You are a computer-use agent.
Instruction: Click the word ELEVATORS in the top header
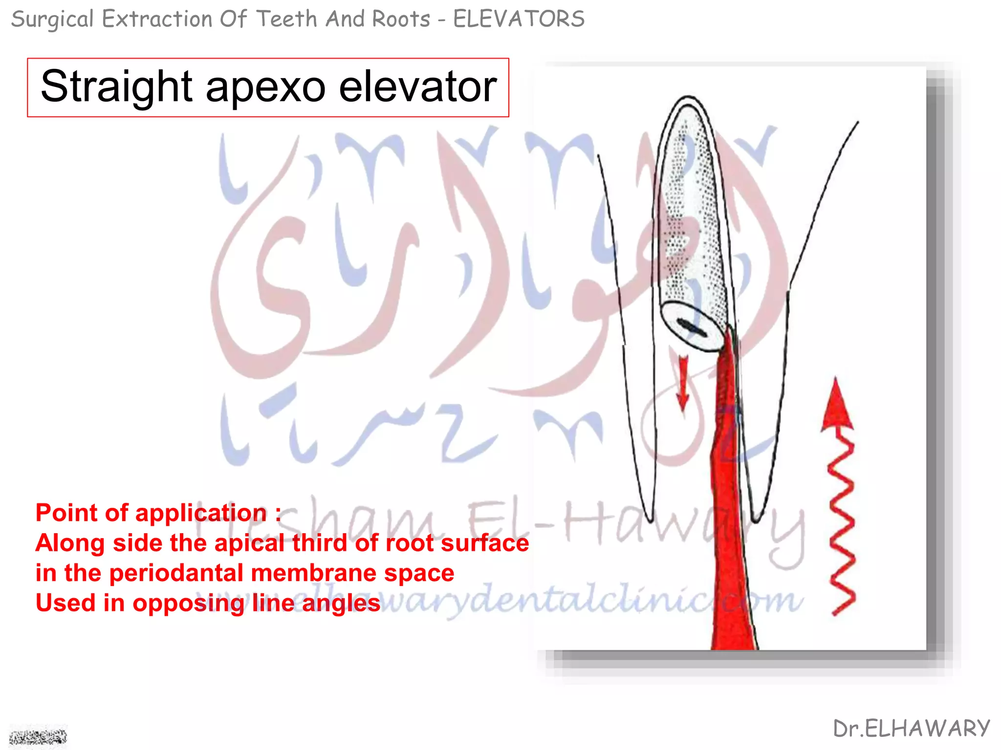point(519,20)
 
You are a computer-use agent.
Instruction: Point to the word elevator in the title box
point(418,87)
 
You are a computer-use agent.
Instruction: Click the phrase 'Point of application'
point(152,513)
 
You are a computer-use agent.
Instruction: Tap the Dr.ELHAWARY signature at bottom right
point(912,729)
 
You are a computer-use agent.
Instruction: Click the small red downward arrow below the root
point(683,383)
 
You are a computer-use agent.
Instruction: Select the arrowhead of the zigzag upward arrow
point(837,405)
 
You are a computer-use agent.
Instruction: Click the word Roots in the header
point(401,20)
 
